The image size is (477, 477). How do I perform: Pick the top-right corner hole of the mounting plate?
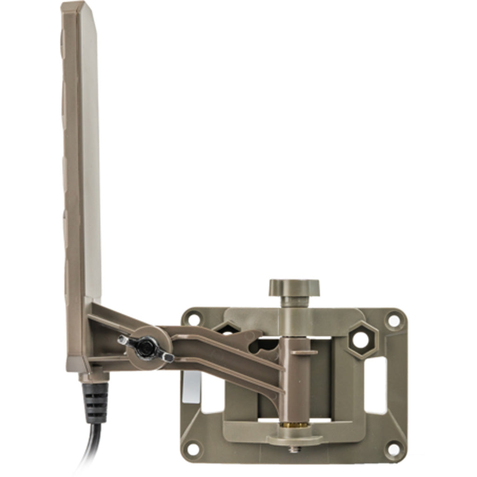[394, 320]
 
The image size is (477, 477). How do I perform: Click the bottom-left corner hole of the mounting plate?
[192, 449]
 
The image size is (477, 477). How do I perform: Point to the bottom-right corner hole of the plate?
[394, 450]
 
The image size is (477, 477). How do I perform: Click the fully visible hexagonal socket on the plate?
[362, 340]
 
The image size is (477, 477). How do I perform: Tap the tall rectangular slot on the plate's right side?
[376, 385]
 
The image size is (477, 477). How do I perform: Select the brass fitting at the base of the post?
[294, 425]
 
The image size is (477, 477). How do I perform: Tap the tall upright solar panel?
[82, 154]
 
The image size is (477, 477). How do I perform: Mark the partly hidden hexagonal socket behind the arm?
[227, 329]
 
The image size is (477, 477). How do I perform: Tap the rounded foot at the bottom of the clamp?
[294, 438]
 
